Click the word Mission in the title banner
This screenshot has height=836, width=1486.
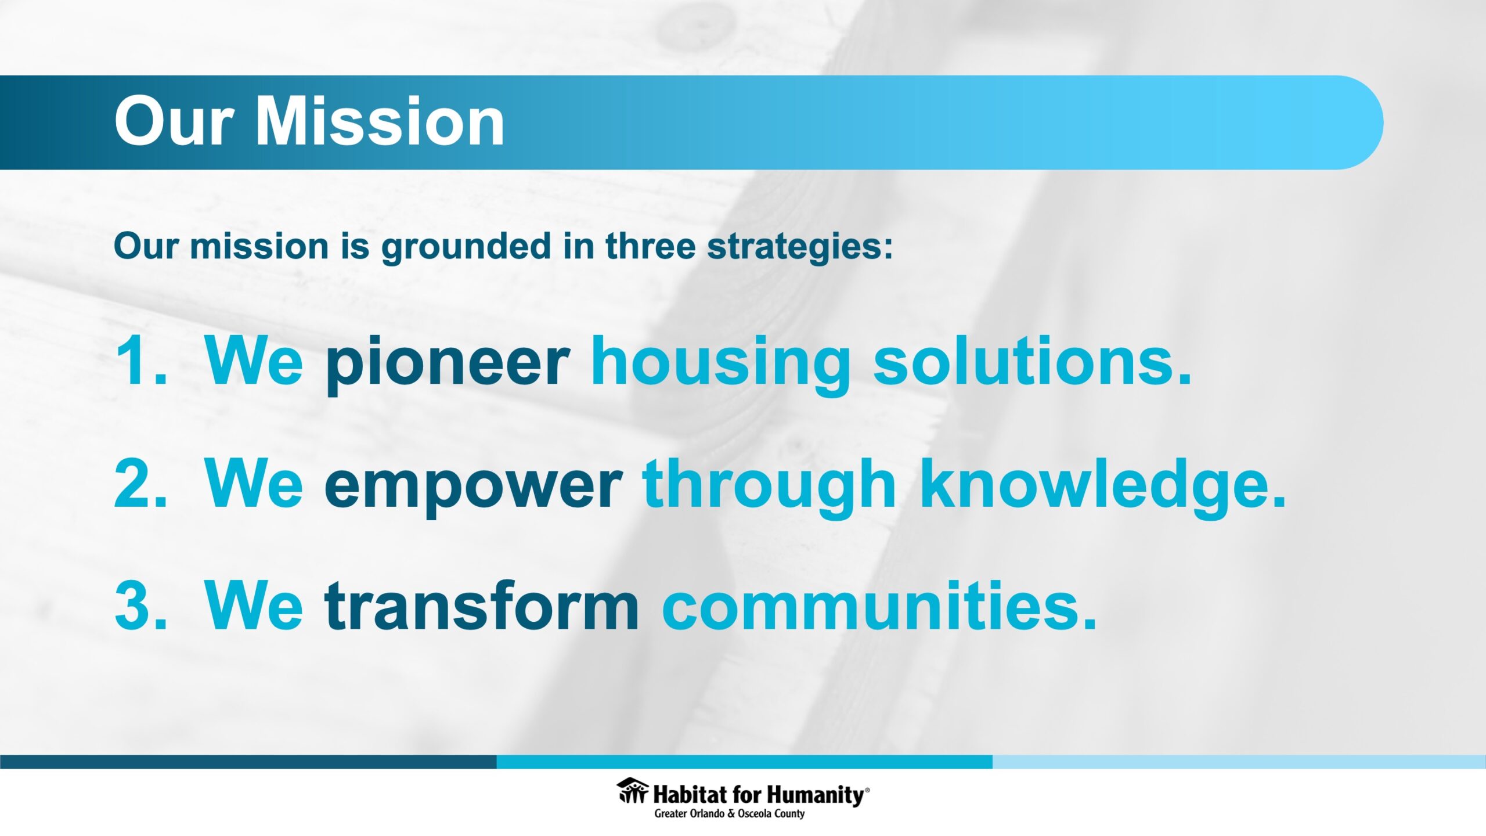(380, 121)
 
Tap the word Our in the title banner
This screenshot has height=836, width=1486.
(174, 122)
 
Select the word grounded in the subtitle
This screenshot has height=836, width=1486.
(466, 247)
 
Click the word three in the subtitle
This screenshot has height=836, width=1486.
(651, 246)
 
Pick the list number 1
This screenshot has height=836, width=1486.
(141, 361)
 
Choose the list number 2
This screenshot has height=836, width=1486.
(141, 483)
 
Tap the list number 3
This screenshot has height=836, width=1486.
(141, 605)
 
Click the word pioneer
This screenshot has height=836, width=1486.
(448, 365)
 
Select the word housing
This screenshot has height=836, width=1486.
(720, 365)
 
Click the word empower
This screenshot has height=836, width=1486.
(473, 487)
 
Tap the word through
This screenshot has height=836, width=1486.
(769, 487)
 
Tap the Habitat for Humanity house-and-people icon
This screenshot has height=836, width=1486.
(633, 791)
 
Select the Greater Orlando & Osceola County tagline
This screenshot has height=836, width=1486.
(730, 813)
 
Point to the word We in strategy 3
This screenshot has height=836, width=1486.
(254, 605)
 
